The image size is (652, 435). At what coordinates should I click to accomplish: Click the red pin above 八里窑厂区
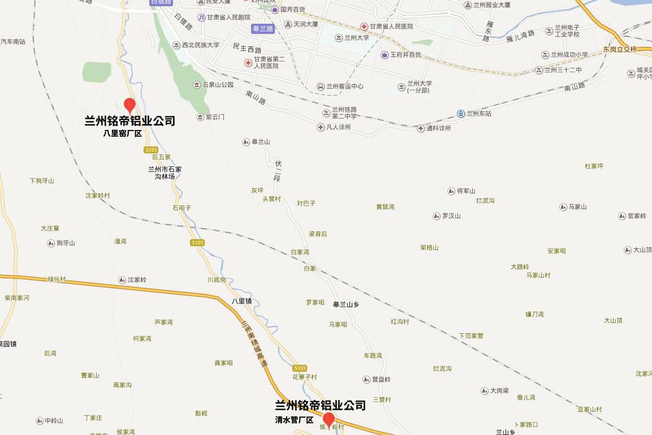click(130, 105)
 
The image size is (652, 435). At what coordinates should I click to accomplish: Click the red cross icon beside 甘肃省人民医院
click(364, 26)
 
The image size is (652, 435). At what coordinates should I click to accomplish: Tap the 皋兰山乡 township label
click(346, 304)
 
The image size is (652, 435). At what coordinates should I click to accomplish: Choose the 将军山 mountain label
click(466, 191)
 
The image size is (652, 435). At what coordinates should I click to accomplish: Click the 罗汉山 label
click(451, 216)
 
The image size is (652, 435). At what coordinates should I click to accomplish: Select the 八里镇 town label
click(242, 301)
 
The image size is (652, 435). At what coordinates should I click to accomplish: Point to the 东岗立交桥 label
click(620, 49)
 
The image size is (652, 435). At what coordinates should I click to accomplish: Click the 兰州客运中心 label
click(345, 86)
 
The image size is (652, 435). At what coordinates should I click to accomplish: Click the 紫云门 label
click(215, 117)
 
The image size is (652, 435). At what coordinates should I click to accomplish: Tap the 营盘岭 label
click(381, 379)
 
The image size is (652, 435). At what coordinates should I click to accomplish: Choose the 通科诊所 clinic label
click(438, 128)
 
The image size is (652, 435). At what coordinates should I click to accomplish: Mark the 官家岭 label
click(637, 216)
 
